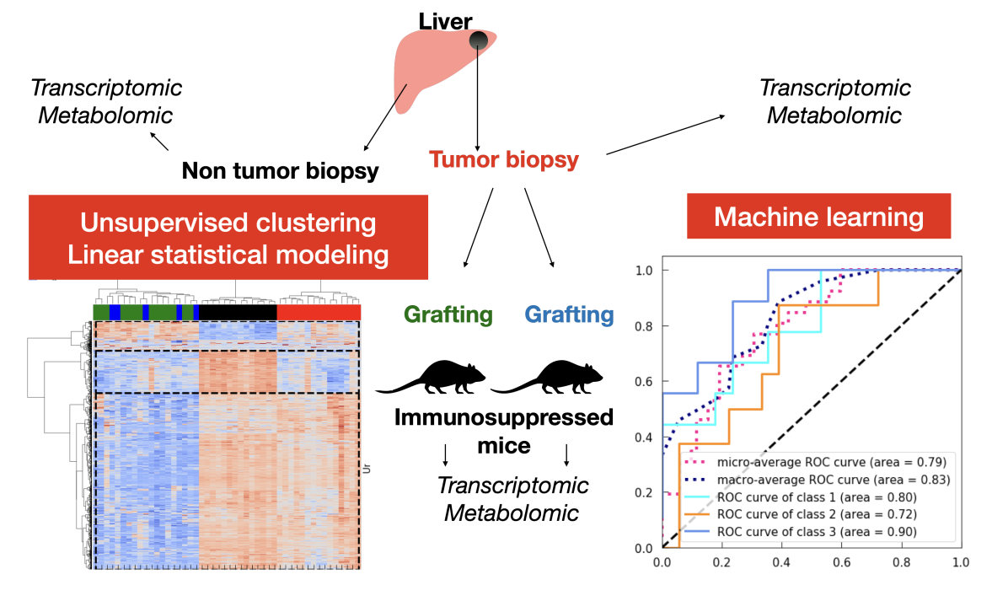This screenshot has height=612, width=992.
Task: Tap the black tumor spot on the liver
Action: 479,40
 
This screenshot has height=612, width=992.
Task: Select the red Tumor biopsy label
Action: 503,159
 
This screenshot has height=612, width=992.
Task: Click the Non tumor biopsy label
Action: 280,171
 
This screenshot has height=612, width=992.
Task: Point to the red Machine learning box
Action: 818,217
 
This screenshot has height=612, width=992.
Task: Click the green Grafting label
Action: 448,315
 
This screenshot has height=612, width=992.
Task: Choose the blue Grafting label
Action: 569,315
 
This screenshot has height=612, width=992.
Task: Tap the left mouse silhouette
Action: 432,378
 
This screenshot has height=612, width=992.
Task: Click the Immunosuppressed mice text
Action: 505,430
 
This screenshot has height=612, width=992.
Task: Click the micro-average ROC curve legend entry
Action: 817,462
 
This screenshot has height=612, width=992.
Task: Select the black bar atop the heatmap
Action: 238,312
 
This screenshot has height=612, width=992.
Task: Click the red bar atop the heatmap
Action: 319,312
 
